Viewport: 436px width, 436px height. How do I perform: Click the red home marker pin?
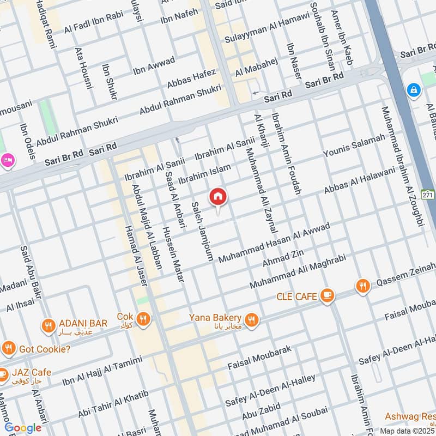click(218, 197)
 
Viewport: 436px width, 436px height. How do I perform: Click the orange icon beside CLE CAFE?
click(327, 295)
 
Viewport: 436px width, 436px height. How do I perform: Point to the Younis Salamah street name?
click(354, 148)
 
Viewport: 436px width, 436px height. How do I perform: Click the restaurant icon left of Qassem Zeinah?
click(362, 285)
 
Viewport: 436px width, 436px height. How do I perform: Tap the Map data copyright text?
click(408, 431)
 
